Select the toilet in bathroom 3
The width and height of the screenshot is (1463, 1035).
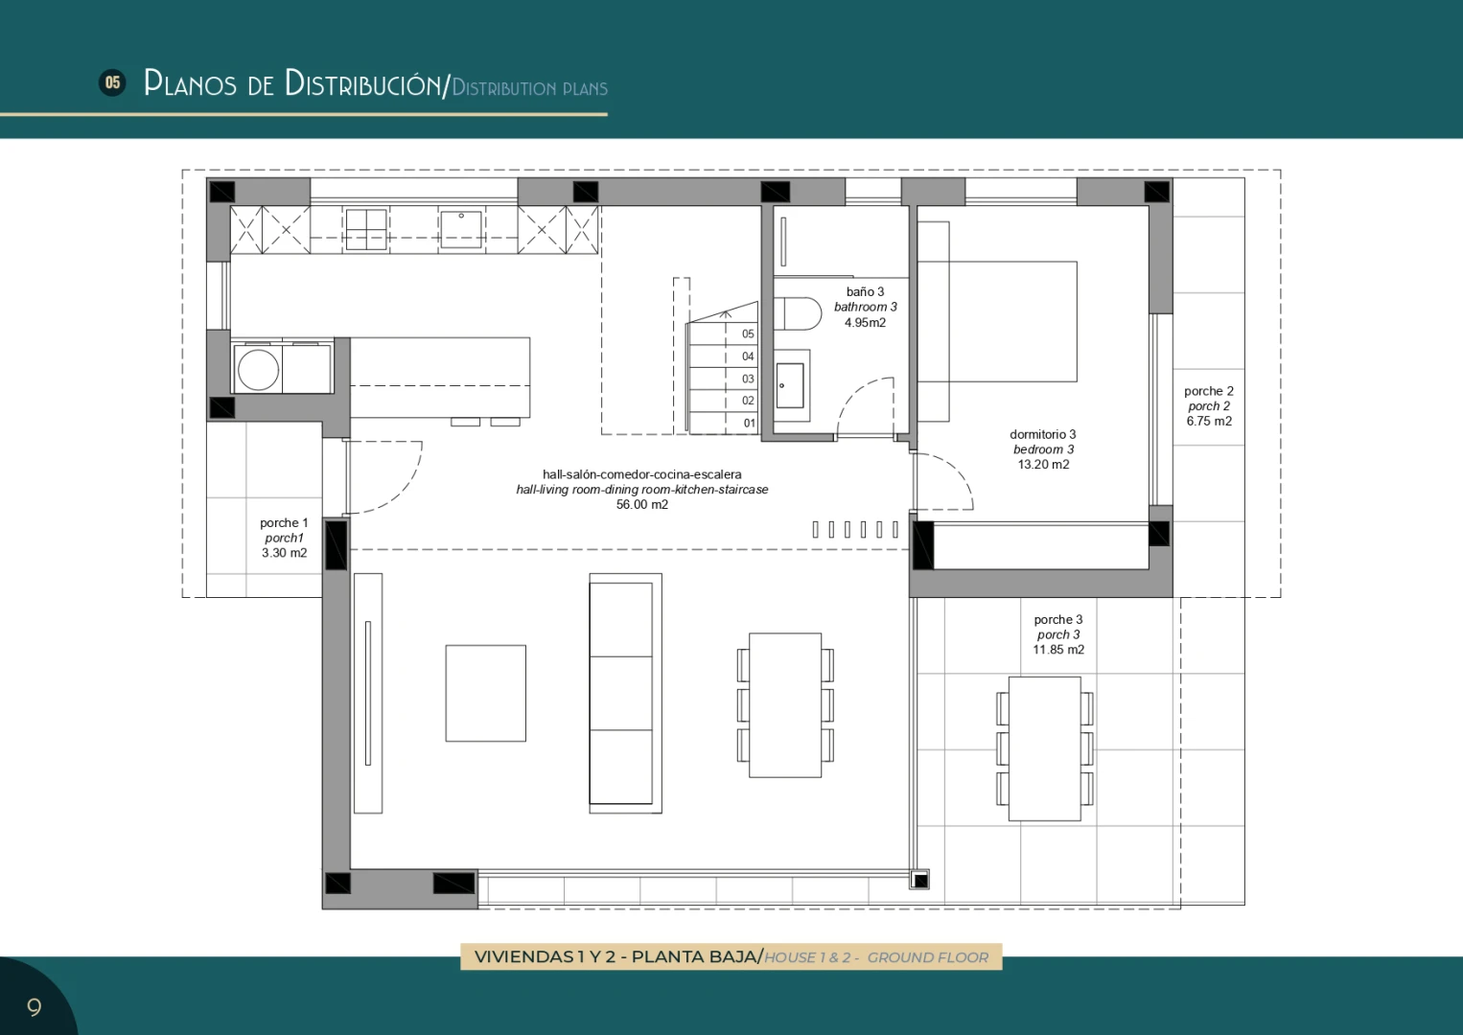tap(798, 313)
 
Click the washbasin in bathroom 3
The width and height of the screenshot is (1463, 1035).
tap(790, 386)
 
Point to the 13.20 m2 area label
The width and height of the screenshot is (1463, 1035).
tap(1043, 464)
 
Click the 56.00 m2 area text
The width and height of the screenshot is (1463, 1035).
tap(642, 504)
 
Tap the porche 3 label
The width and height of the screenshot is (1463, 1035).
tap(1058, 619)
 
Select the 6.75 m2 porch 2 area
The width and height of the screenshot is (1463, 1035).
tap(1209, 421)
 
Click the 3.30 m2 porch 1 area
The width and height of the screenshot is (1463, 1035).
tap(284, 552)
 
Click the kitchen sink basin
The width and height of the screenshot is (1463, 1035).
tap(461, 228)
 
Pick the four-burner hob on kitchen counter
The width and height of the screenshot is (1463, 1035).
tap(366, 229)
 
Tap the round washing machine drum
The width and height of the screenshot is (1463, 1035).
tap(258, 370)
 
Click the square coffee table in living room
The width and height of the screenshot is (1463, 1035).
tap(485, 693)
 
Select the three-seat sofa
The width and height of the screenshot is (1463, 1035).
tap(625, 693)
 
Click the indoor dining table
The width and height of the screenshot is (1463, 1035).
tap(785, 704)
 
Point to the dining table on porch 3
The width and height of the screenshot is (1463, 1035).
tap(1044, 748)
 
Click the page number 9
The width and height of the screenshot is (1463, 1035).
tap(34, 1007)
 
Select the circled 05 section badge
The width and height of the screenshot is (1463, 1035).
tap(112, 82)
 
